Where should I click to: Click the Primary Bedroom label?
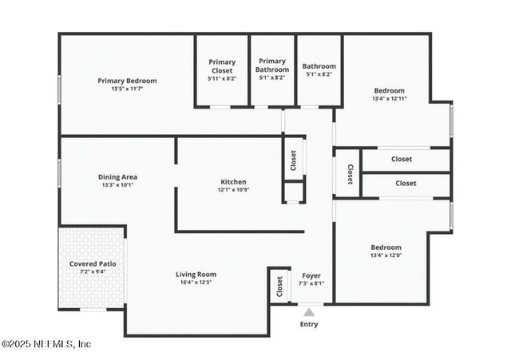tap(127, 81)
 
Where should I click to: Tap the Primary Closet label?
tap(222, 66)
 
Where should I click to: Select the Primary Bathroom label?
tap(271, 65)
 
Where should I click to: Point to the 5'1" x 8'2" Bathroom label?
tap(319, 66)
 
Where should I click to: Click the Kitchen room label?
tap(233, 182)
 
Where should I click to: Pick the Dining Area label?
tap(117, 177)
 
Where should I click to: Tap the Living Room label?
tap(196, 275)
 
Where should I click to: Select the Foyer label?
tap(311, 275)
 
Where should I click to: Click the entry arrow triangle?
tap(309, 312)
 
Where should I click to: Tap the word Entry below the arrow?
tap(309, 324)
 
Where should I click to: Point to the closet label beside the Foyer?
tap(279, 285)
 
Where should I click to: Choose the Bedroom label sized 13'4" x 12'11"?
tap(389, 91)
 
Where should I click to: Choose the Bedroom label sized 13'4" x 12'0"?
tap(386, 247)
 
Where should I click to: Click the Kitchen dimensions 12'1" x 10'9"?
tap(233, 190)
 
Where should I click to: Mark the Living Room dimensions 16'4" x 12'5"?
tap(196, 283)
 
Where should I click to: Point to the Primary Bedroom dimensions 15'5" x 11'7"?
tap(127, 89)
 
